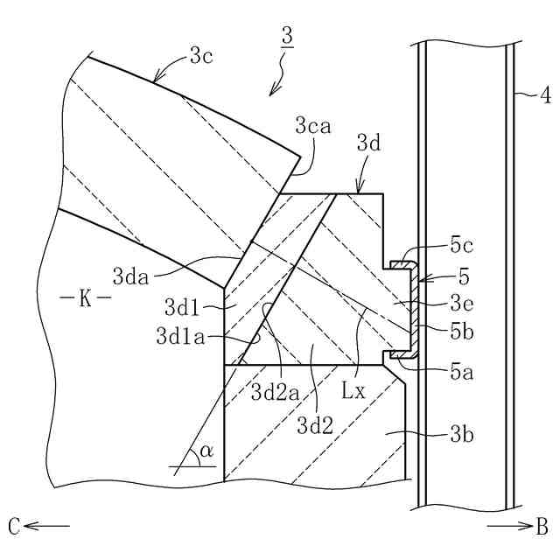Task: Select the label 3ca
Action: [313, 128]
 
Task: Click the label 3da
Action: [132, 276]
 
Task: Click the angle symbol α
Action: [206, 451]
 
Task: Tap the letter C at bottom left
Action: [13, 526]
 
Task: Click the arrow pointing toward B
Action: [504, 526]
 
